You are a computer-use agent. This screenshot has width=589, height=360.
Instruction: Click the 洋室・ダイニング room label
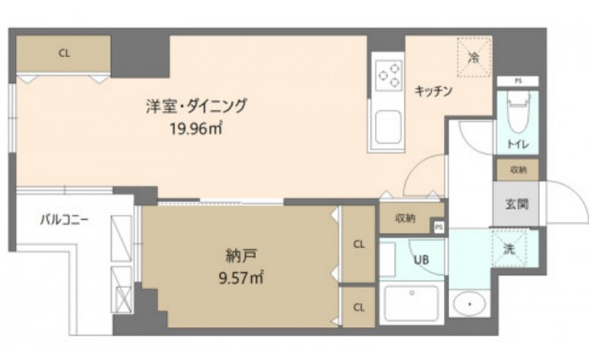(197, 107)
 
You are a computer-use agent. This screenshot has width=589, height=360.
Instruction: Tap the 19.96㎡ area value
(196, 128)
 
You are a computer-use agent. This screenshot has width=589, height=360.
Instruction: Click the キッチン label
(433, 91)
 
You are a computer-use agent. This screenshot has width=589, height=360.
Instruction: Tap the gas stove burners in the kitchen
(388, 76)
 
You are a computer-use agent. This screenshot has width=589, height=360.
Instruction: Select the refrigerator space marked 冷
(473, 58)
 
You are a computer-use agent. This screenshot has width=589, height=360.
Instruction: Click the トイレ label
(516, 144)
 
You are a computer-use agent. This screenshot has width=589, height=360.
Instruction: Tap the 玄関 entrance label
(515, 203)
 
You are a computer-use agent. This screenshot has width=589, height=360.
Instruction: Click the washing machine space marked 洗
(509, 248)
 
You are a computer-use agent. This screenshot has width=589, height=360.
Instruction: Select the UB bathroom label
(421, 259)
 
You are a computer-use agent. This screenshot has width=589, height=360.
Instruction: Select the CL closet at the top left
(64, 53)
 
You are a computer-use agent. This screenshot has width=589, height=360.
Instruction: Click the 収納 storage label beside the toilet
(516, 170)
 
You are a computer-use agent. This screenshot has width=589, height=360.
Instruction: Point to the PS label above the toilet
(518, 81)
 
